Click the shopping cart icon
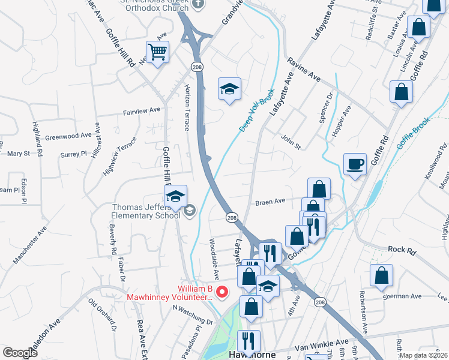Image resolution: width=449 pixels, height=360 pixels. tap(157, 52)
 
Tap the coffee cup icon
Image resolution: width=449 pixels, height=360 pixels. tap(355, 163)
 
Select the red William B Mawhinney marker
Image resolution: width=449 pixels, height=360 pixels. tap(222, 292)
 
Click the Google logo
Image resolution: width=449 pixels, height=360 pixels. tap(20, 353)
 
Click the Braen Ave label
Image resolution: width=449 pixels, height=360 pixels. tap(270, 203)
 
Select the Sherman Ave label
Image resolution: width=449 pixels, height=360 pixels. tap(408, 296)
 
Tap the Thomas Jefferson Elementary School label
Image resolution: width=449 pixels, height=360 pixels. tap(146, 212)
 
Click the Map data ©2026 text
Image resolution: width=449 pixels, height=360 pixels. tap(423, 355)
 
